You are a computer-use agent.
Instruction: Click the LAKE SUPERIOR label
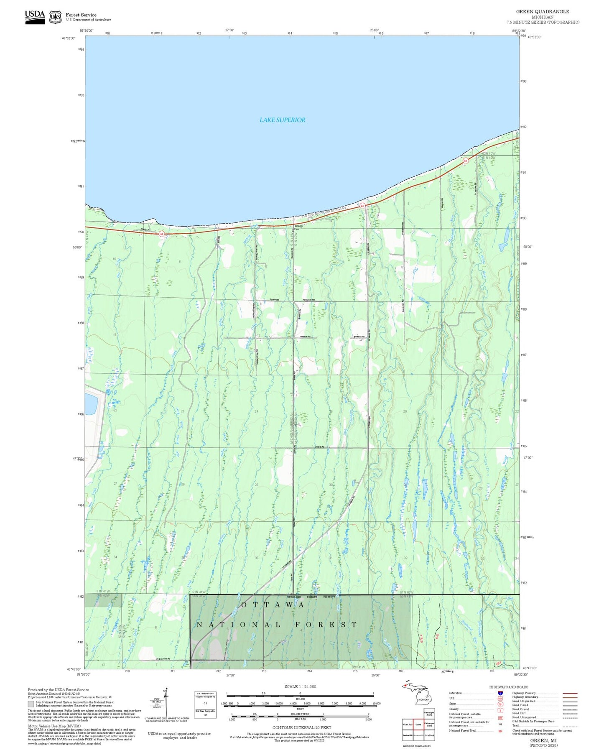click(282, 120)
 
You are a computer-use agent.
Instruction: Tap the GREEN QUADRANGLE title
click(542, 11)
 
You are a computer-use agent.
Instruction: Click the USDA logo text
click(35, 15)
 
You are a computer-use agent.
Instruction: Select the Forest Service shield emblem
click(55, 17)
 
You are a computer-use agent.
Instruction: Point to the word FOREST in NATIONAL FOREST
click(326, 625)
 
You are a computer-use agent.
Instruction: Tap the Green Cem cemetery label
click(298, 227)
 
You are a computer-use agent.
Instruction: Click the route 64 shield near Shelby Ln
click(161, 234)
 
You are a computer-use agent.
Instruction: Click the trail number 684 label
click(498, 663)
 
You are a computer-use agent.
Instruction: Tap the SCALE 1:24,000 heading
click(300, 686)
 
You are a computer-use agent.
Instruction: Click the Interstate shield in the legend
click(500, 693)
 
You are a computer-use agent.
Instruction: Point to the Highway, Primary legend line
click(570, 693)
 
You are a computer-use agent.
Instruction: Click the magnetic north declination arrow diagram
click(166, 702)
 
